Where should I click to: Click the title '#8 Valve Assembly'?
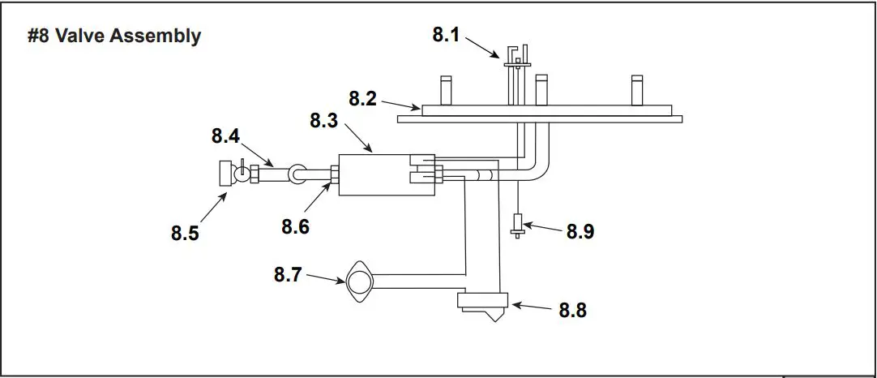pos(114,37)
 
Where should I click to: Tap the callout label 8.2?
pos(363,99)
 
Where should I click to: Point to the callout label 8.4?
pos(226,135)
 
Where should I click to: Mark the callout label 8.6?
pos(295,226)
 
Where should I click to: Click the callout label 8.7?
pos(289,275)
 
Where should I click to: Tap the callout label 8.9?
pos(580,231)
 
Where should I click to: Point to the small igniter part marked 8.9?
pos(518,224)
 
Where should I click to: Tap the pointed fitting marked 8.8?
pos(484,306)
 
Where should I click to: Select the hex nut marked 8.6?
pos(333,173)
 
